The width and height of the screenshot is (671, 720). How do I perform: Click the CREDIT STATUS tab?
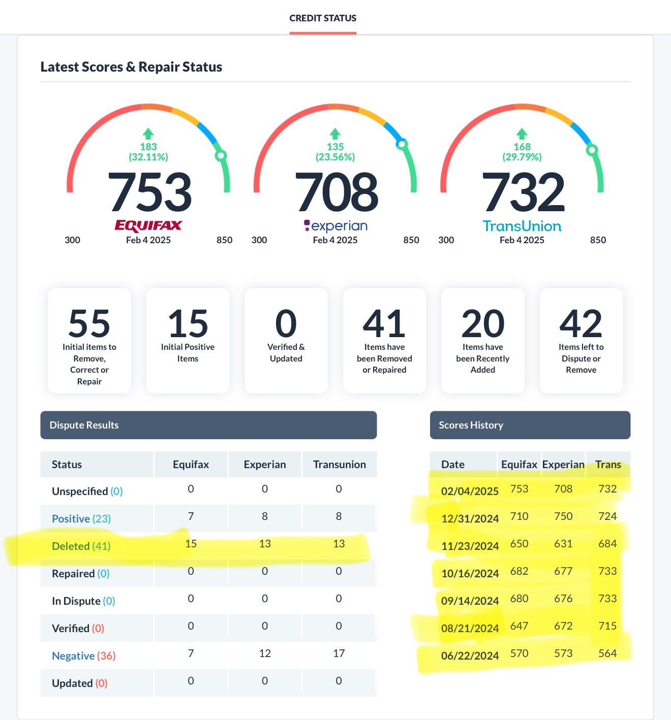(323, 18)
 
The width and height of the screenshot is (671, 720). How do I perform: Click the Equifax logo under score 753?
(148, 226)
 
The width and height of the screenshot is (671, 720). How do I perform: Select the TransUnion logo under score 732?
(522, 226)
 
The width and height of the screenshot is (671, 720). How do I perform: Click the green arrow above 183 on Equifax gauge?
(148, 134)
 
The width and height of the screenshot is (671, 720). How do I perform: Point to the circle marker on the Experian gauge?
(402, 144)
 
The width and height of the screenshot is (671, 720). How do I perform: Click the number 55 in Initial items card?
(89, 323)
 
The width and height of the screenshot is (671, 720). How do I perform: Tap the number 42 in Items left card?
(581, 323)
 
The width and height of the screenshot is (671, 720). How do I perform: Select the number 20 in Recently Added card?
(482, 323)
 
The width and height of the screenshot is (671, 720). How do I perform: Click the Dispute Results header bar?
(208, 425)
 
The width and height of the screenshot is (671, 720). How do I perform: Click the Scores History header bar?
(530, 425)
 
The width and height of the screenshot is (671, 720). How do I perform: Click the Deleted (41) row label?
(81, 546)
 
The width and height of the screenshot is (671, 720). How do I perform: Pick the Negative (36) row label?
(84, 656)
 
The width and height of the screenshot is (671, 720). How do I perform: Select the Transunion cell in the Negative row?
(339, 653)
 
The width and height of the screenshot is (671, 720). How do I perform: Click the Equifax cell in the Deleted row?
(191, 544)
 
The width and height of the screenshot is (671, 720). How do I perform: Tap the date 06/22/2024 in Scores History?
(470, 656)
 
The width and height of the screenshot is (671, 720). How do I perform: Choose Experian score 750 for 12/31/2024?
(563, 516)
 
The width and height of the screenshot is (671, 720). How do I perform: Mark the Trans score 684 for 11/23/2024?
(607, 544)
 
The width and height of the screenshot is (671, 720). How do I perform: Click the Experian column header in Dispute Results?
(265, 464)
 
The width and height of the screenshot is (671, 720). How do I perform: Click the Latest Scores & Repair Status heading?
(131, 67)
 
